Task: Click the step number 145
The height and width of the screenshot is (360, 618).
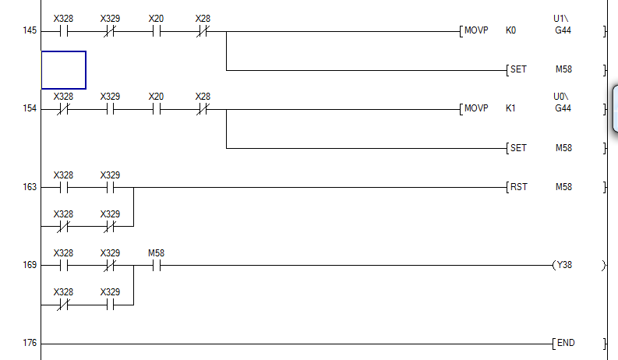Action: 30,32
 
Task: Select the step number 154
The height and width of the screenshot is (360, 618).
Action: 30,110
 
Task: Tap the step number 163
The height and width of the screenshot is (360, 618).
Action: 30,188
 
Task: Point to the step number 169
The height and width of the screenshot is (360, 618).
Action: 30,266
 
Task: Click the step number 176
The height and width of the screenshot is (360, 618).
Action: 30,344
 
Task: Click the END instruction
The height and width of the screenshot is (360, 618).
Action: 566,343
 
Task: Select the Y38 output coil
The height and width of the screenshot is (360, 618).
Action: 563,265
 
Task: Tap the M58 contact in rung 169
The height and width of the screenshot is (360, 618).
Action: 156,265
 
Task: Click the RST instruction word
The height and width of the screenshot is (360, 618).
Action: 519,187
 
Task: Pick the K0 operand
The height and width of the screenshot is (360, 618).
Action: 511,31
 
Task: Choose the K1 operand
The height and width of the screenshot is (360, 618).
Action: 511,109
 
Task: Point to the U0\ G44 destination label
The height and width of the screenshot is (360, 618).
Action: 562,103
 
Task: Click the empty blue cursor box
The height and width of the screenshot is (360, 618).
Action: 63,70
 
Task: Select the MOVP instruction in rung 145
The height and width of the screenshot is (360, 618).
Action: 476,31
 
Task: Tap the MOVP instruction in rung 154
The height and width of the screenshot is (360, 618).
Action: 476,109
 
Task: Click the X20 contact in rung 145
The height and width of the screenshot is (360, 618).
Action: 156,31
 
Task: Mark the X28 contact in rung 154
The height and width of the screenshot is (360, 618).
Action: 203,109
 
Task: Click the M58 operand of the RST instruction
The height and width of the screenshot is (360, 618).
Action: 563,187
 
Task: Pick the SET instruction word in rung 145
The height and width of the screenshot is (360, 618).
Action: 518,70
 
